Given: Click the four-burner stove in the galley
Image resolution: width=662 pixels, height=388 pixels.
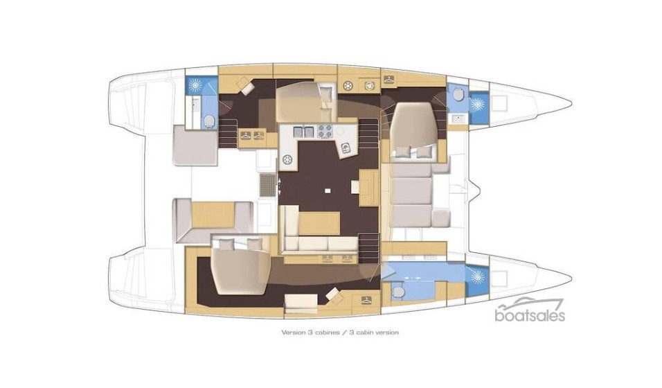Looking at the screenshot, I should point(325,131).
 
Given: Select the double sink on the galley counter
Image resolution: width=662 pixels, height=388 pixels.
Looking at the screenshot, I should point(303,131).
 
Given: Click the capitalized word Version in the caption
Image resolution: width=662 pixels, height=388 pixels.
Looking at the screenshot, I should point(291,333).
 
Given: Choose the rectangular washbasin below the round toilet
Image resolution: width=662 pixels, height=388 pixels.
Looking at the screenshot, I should point(457,118).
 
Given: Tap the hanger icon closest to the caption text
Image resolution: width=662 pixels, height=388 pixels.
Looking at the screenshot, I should point(366,299).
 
